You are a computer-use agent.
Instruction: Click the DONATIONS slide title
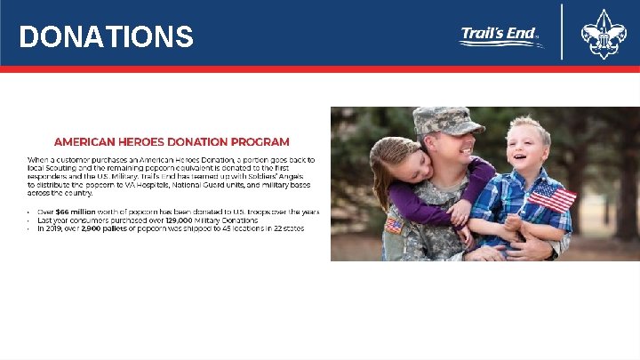(x=106, y=36)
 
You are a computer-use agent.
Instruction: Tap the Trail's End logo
(x=501, y=36)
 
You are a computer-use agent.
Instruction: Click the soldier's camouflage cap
(x=448, y=120)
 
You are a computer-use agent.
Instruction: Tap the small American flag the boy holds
(x=552, y=196)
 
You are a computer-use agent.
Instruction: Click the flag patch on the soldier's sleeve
(x=393, y=226)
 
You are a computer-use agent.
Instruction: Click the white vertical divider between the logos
(x=562, y=33)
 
